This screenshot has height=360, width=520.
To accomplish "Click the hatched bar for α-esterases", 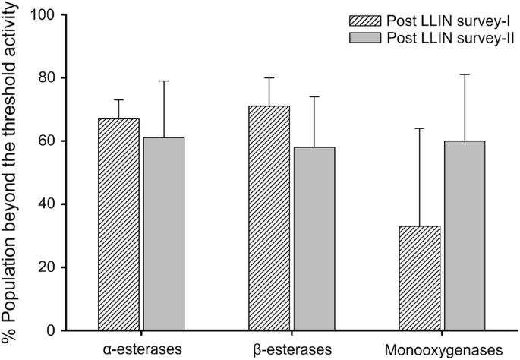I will tap(118, 224).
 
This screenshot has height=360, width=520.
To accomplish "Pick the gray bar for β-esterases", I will tap(313, 238).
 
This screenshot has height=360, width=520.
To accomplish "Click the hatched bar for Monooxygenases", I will tap(418, 278).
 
